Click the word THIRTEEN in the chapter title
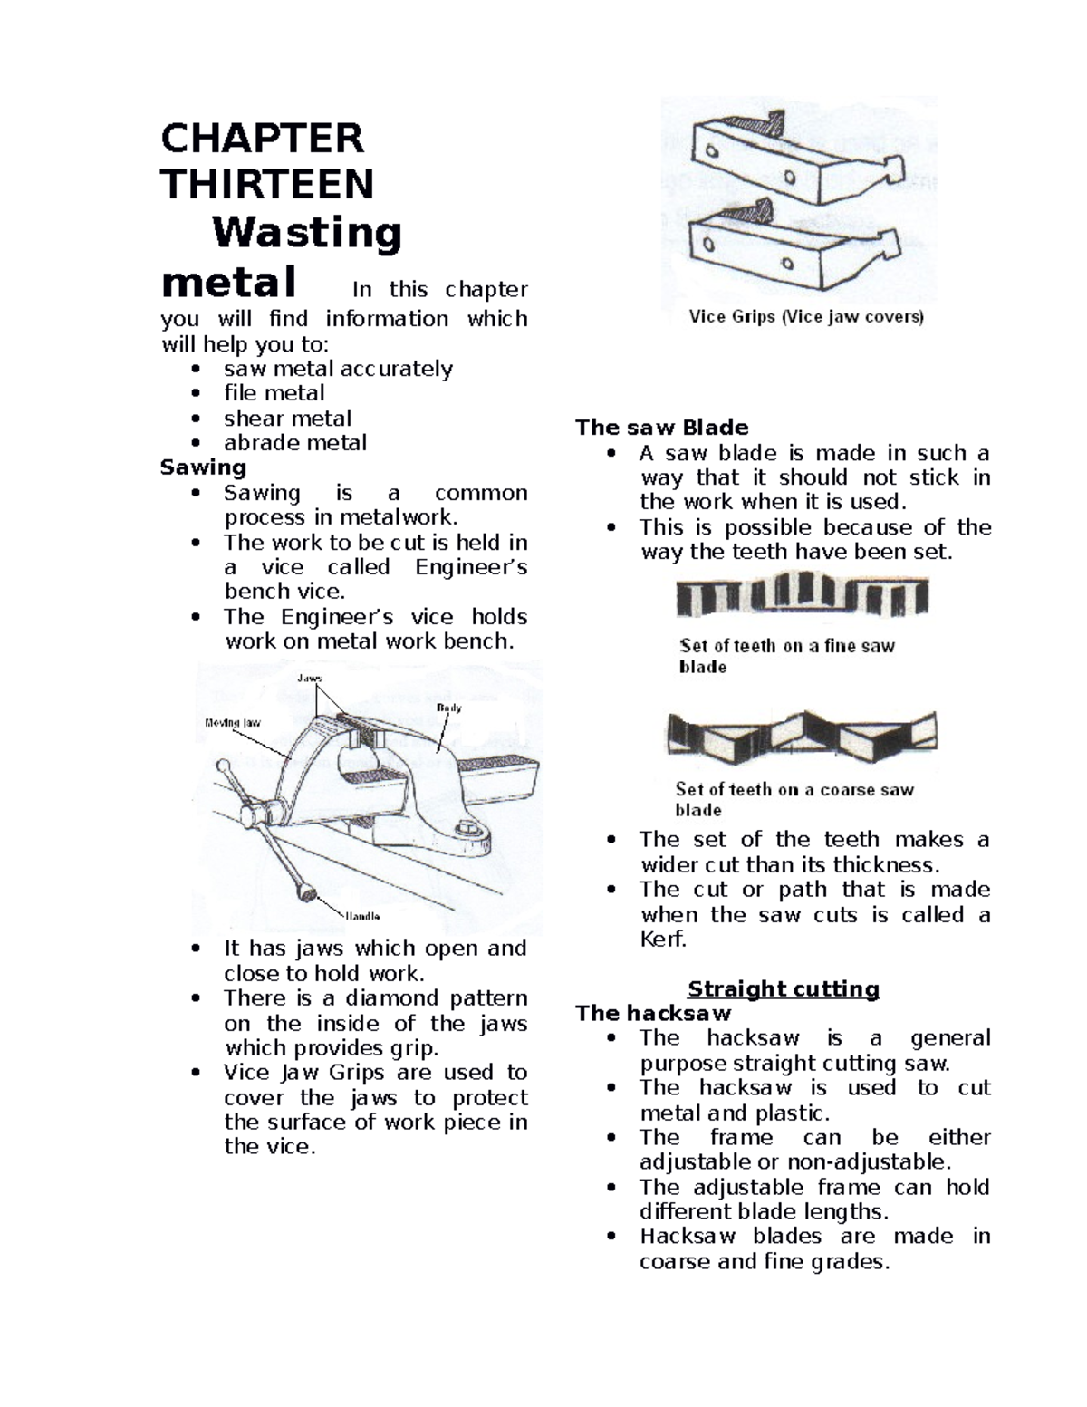point(267,185)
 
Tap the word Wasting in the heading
point(307,233)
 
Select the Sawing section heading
point(203,467)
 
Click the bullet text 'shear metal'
point(287,419)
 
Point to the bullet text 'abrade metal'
point(294,443)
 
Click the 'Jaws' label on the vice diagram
point(309,678)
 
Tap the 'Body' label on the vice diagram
point(448,708)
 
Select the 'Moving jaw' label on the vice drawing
point(233,722)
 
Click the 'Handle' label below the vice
point(362,916)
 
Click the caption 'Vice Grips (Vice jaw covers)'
point(805,317)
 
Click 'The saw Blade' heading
point(661,428)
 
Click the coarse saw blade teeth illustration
point(802,734)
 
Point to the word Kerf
point(662,940)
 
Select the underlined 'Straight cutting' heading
point(783,988)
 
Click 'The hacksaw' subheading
point(652,1013)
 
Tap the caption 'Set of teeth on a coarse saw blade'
point(794,799)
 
